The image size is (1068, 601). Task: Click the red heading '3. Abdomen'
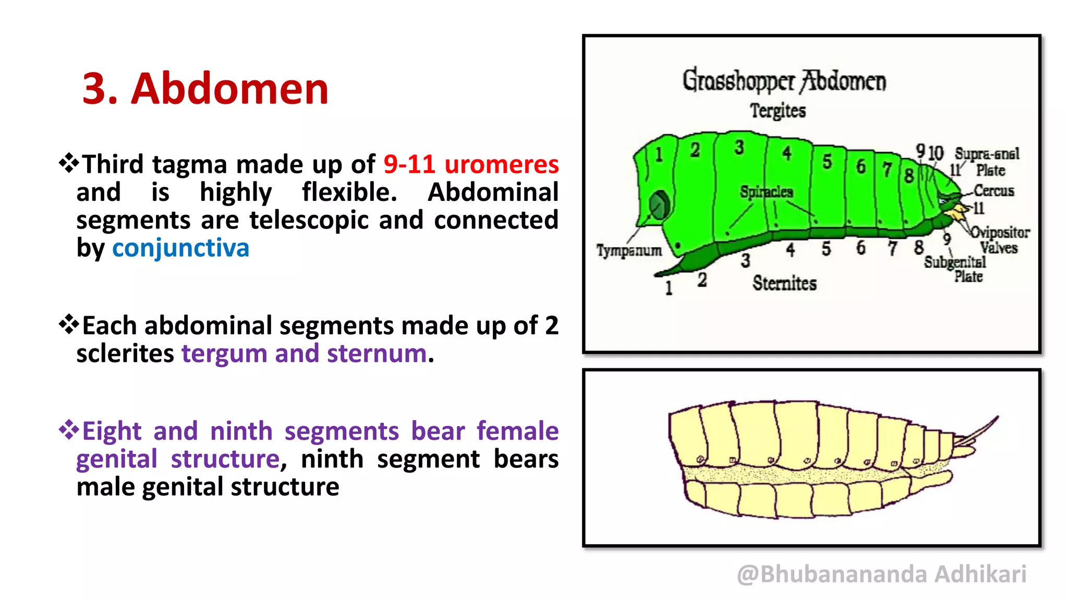tap(205, 89)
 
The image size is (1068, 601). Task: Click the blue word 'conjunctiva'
tap(180, 248)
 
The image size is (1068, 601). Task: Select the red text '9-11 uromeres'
tap(471, 165)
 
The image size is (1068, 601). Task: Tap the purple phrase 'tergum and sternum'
tap(304, 354)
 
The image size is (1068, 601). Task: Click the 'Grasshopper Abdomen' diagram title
tap(784, 81)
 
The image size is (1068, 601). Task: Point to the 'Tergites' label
tap(778, 111)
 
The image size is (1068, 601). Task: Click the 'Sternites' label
tap(784, 283)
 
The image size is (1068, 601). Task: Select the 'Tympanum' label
tap(629, 251)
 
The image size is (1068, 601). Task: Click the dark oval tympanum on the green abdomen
tap(660, 205)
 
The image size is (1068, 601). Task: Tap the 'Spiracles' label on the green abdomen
tap(766, 192)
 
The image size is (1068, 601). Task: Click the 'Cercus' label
tap(994, 191)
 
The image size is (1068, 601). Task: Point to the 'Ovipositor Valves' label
tap(999, 240)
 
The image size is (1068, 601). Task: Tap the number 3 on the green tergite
tap(739, 148)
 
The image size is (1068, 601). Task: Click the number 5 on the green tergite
tap(827, 162)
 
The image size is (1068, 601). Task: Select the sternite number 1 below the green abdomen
tap(669, 288)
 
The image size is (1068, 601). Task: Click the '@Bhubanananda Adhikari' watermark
tap(881, 574)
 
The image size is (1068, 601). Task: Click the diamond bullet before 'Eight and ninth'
tap(68, 430)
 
